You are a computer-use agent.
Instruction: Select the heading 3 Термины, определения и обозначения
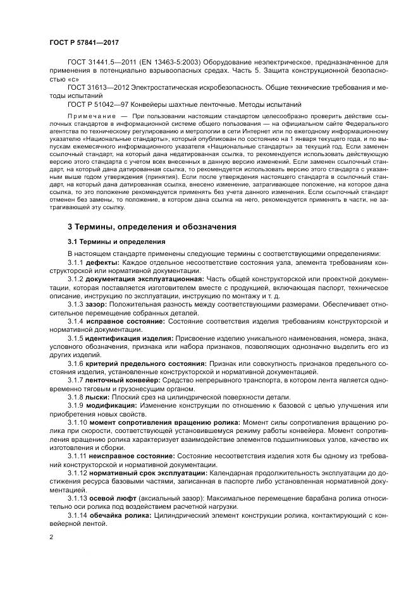[x=152, y=226]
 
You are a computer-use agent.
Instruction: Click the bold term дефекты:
[x=102, y=262]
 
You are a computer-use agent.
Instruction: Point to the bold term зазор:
[x=97, y=303]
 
